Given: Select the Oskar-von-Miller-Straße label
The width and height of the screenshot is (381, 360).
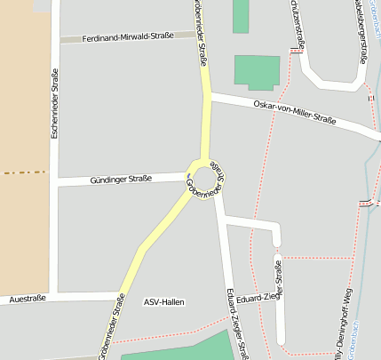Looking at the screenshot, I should tap(295, 112).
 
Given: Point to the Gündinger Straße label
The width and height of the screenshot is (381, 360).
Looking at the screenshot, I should tap(121, 180).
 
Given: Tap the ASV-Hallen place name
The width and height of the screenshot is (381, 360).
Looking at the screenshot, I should tap(164, 302).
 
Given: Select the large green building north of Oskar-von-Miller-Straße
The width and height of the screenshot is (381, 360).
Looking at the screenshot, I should tap(258, 72).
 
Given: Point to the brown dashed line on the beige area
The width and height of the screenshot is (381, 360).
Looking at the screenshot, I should tap(23, 172).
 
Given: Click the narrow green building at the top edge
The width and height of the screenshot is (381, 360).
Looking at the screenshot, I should tap(241, 16).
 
